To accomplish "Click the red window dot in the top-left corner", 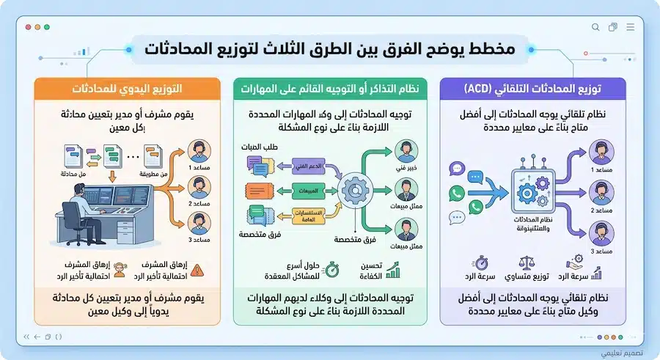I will click(x=28, y=27).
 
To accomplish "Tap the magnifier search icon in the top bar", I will click(x=595, y=27).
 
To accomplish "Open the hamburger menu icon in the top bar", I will click(x=630, y=27).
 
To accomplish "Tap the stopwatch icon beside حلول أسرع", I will click(x=331, y=269).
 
